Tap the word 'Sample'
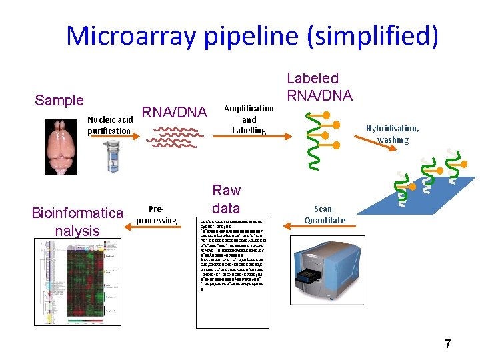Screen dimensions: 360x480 (x=59, y=101)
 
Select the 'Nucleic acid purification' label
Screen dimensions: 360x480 (x=109, y=125)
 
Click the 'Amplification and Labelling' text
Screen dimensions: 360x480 (x=249, y=119)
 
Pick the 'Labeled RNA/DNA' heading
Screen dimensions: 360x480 (x=320, y=87)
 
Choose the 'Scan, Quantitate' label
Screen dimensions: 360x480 (x=325, y=215)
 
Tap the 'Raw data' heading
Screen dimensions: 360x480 (x=226, y=199)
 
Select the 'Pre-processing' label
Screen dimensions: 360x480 (x=156, y=215)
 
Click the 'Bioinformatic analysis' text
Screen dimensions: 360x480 (x=77, y=222)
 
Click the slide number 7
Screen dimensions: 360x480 (x=448, y=344)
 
